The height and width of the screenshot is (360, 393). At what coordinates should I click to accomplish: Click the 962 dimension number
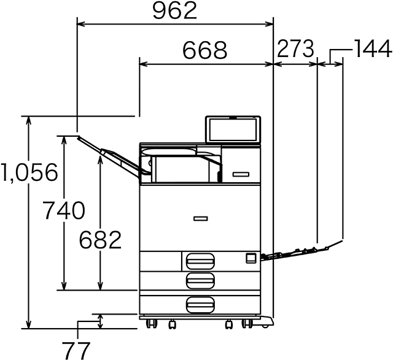(175, 11)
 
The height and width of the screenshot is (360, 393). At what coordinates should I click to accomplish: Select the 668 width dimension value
(205, 50)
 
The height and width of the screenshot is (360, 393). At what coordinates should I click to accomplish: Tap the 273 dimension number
(295, 48)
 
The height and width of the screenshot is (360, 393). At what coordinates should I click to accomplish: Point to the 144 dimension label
(373, 48)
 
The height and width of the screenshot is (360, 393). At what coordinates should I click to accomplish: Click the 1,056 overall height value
(29, 172)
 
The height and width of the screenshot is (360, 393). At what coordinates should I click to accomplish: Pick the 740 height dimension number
(64, 210)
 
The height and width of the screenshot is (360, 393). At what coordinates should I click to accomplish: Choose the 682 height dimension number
(100, 239)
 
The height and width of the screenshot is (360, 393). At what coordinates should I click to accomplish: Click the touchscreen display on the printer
(233, 129)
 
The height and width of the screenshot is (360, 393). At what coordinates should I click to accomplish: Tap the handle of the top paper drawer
(200, 262)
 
